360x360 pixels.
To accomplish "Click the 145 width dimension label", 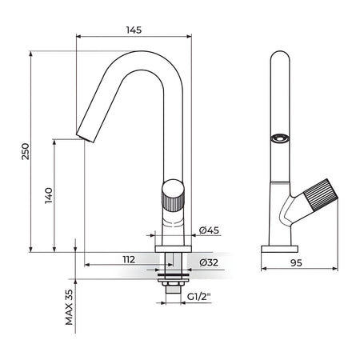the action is point(134,30).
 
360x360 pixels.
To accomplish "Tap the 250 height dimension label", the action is point(26,151).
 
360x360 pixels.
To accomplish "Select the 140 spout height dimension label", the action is point(49,195).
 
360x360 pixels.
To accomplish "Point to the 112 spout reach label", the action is point(129,259).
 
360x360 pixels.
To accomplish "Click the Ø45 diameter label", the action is point(210,230).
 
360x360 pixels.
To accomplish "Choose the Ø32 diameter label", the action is point(209,262).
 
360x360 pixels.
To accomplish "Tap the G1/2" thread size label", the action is point(199,296).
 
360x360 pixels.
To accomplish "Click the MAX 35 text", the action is point(69,307).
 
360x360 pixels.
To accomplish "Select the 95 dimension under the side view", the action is point(296,263).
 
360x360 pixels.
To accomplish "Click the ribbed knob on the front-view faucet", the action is point(173,195).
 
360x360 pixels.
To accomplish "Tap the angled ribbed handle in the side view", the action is point(321,194).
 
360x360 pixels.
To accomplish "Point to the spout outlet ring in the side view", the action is point(280,138).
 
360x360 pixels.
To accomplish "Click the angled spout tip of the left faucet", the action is point(86,137).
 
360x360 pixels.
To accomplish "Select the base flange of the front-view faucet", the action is point(173,249).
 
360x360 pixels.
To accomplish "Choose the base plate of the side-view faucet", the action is point(279,249).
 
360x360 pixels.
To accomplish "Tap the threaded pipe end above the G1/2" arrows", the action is point(173,290).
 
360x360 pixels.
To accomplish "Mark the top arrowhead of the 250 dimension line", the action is point(31,54).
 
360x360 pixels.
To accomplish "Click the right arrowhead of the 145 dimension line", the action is point(189,36).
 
